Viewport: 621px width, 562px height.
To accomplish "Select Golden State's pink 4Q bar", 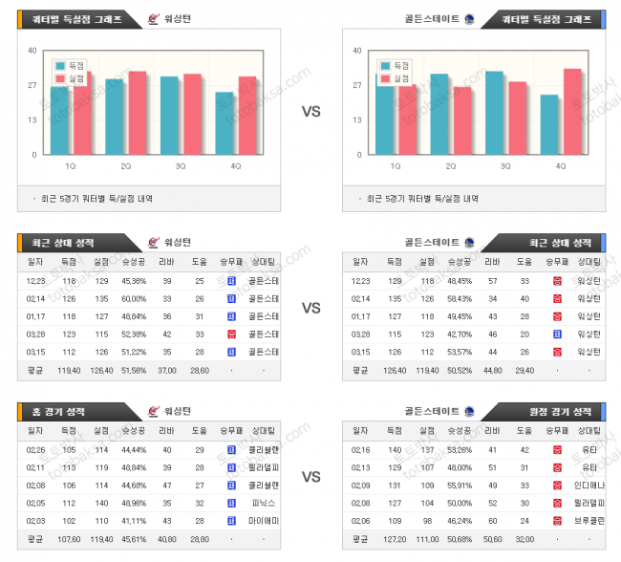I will [572, 111].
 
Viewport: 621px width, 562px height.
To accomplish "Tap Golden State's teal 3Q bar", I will [494, 112].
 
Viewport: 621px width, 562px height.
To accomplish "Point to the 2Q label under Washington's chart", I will [126, 165].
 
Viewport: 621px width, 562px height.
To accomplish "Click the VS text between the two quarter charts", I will [310, 111].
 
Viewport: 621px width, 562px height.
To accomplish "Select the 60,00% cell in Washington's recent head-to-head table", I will [134, 298].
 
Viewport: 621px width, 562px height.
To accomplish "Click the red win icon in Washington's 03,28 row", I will [231, 335].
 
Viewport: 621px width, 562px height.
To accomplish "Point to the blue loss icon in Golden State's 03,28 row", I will [557, 335].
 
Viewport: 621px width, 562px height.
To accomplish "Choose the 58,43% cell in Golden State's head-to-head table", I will [460, 298].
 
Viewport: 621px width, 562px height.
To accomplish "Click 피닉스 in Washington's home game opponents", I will [262, 503].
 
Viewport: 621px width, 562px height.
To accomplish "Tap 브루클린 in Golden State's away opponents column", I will [587, 521].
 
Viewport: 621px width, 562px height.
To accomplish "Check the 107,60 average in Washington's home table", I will [69, 539].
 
